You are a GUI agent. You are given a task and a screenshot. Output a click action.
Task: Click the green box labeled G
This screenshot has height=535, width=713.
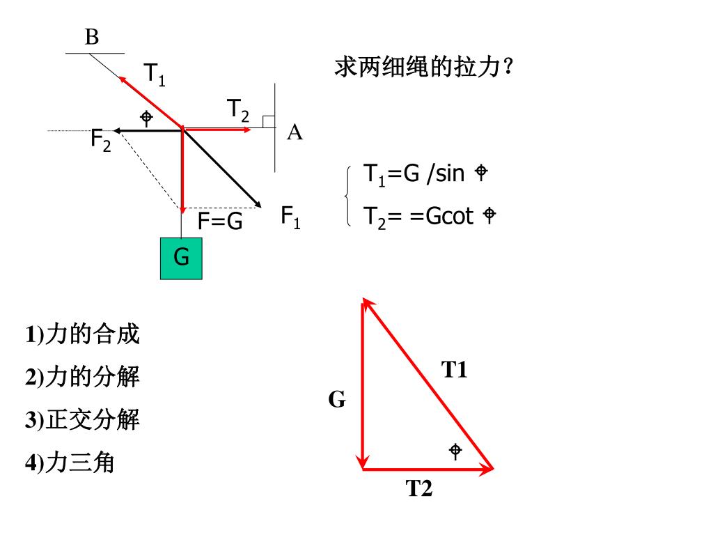181,258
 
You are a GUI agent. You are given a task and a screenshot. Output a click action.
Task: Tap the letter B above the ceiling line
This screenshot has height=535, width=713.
92,38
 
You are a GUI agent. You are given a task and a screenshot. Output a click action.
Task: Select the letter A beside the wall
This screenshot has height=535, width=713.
295,132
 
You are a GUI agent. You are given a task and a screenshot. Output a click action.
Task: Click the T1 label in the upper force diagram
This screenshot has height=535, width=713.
155,74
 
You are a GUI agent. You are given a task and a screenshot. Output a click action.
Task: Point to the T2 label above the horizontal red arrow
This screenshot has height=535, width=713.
237,110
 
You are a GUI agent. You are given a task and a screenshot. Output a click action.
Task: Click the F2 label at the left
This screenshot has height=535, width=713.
101,139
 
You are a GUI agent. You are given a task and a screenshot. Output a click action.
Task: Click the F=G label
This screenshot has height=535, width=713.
220,222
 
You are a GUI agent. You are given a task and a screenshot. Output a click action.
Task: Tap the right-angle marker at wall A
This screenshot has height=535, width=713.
268,121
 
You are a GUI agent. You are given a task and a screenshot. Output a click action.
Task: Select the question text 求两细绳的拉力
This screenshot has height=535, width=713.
425,68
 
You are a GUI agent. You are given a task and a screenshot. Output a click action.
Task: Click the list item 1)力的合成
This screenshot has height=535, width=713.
83,334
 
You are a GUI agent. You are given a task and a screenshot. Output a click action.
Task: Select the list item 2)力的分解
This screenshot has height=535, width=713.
83,378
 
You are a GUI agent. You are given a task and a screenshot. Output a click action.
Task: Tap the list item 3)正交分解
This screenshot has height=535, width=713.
83,420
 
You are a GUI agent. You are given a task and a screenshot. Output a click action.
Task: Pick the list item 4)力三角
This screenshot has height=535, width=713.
70,463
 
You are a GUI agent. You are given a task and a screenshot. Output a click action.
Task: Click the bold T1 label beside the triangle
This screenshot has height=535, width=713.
455,370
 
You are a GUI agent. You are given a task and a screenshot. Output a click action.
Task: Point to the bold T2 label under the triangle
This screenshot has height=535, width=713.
420,489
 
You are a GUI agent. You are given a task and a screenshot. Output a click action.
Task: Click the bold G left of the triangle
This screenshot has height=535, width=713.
337,400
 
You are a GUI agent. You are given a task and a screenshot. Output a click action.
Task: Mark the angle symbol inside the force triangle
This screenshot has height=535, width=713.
455,451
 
